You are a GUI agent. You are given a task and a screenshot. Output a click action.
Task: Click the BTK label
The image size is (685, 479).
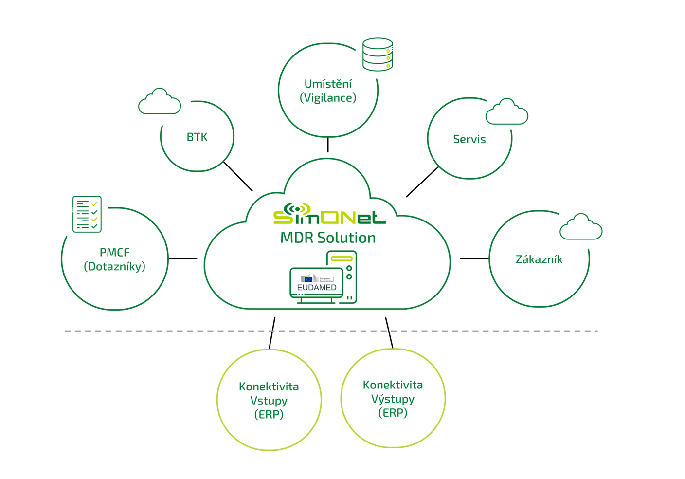pyautogui.click(x=197, y=137)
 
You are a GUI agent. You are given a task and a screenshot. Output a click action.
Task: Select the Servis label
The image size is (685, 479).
pyautogui.click(x=469, y=139)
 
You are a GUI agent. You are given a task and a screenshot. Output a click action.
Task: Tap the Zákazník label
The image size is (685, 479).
pyautogui.click(x=539, y=259)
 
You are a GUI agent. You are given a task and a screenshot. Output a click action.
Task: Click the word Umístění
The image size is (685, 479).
pyautogui.click(x=328, y=84)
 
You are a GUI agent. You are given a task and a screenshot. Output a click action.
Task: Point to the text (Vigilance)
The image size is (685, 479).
pyautogui.click(x=328, y=98)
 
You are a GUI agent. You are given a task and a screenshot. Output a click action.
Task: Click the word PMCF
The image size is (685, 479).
pyautogui.click(x=115, y=252)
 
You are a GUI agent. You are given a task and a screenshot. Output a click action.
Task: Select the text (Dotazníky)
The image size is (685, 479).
pyautogui.click(x=115, y=266)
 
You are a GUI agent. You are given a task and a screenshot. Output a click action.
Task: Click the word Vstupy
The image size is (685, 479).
pyautogui.click(x=269, y=401)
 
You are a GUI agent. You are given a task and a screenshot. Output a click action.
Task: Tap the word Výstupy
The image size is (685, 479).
pyautogui.click(x=393, y=399)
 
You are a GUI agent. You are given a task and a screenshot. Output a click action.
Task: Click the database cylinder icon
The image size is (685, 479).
pyautogui.click(x=378, y=55)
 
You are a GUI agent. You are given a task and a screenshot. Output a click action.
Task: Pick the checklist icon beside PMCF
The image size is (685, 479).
pyautogui.click(x=87, y=214)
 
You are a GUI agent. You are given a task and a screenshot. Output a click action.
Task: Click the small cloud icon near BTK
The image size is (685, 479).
pyautogui.click(x=160, y=102)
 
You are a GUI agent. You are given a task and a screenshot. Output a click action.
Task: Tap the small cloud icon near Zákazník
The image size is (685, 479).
pyautogui.click(x=581, y=227)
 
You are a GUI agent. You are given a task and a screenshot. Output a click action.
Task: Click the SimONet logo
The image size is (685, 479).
pyautogui.click(x=329, y=215)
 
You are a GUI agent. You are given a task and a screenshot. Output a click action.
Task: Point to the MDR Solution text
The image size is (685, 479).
pyautogui.click(x=328, y=238)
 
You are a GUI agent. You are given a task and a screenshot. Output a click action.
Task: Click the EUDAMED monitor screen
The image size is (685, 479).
pyautogui.click(x=317, y=282)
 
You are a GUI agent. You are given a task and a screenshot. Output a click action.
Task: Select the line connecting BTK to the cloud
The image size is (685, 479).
pyautogui.click(x=238, y=176)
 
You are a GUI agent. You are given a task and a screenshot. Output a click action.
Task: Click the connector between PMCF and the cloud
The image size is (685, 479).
pyautogui.click(x=182, y=258)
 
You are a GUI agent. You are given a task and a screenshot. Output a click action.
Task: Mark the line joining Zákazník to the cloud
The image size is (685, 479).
pyautogui.click(x=474, y=258)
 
